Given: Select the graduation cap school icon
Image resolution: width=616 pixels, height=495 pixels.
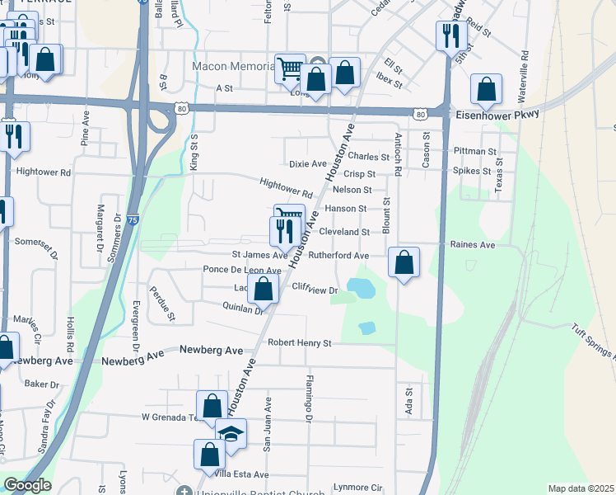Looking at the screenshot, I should tap(231, 432).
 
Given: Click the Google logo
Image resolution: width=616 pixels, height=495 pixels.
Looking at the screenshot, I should tap(27, 485).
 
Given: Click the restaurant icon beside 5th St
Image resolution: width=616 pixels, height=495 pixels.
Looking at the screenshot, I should tap(450, 35).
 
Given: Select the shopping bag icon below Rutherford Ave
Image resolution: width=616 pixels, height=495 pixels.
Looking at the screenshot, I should tap(404, 263).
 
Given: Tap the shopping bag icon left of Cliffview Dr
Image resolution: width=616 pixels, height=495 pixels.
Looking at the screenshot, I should tap(264, 290).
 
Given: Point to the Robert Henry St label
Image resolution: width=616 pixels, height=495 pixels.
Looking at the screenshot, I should tap(298, 342).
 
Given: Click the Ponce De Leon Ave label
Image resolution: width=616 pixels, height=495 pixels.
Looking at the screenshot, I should tap(242, 270).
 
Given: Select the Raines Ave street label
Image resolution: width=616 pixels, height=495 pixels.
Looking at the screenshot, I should tap(473, 245).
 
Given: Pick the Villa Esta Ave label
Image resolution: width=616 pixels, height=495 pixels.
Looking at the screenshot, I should tap(240, 474).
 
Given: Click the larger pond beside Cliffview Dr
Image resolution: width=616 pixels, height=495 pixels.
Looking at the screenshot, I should tap(361, 289).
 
